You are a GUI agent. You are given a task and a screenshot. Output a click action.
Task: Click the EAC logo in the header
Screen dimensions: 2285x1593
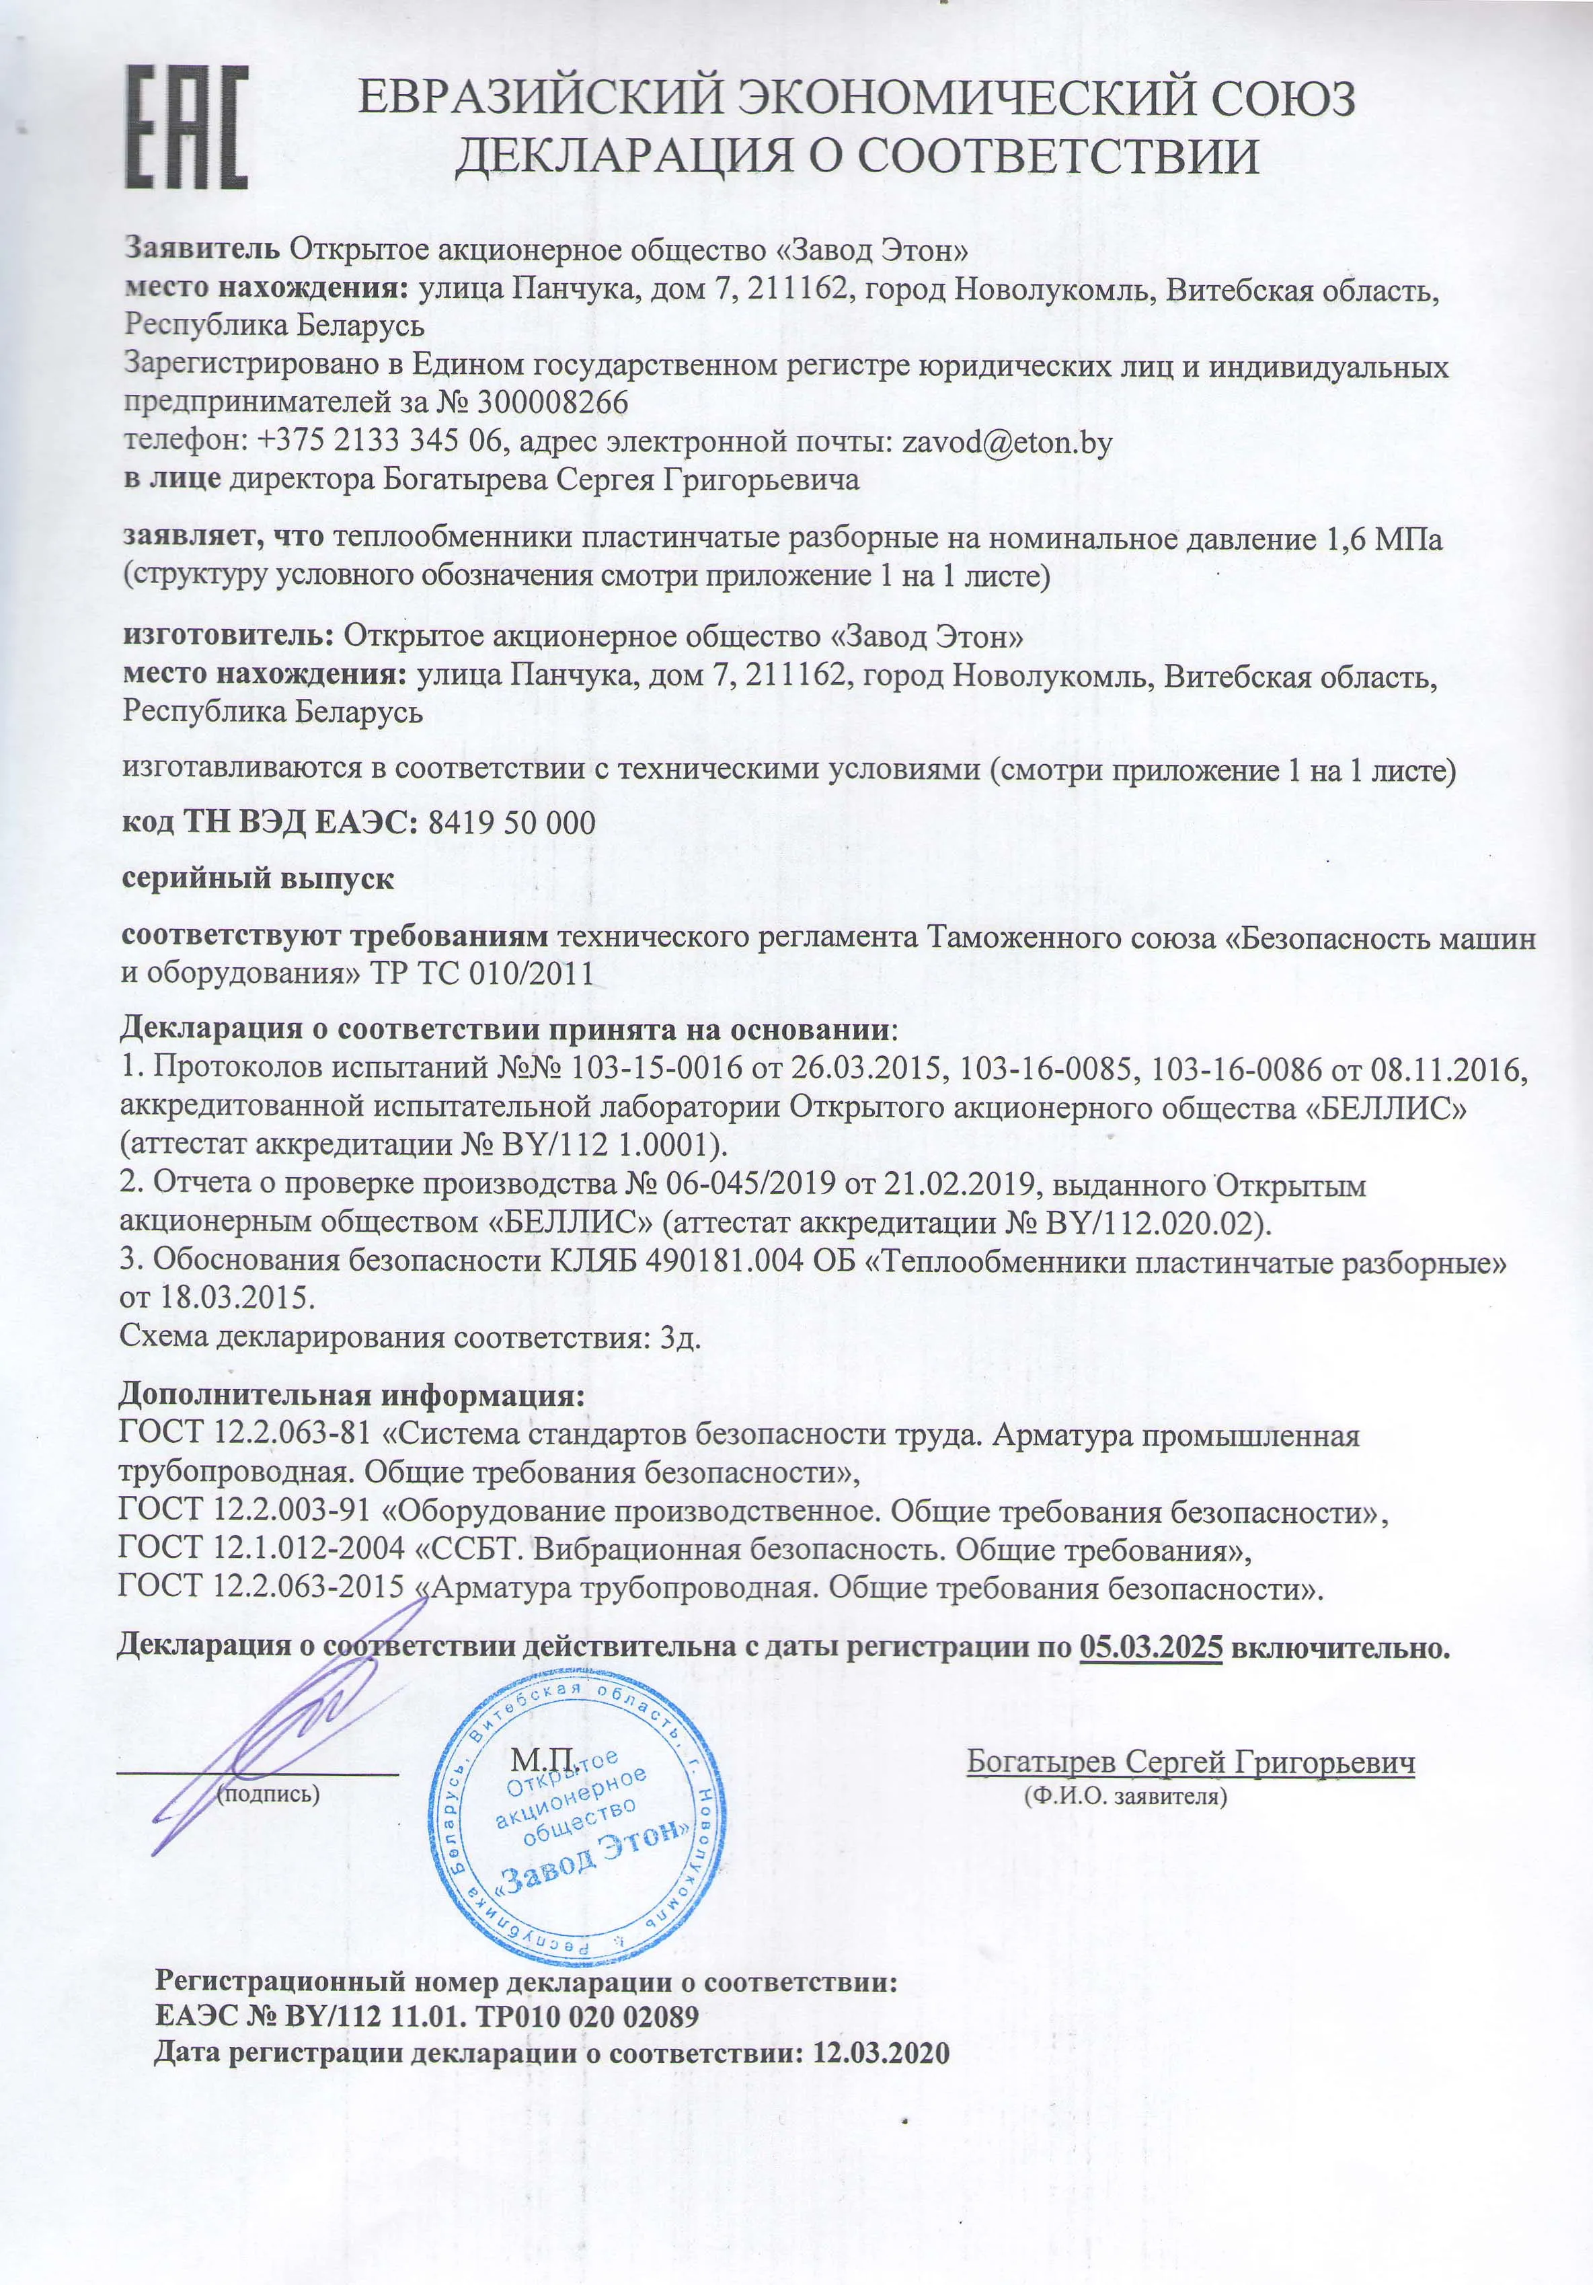(x=186, y=126)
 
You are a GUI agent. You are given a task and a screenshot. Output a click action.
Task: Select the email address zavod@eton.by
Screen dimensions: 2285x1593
(x=1006, y=442)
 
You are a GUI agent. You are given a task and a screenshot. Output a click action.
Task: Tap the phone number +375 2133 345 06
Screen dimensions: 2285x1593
(x=383, y=442)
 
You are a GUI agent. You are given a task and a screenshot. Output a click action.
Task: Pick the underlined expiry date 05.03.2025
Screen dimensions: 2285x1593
(x=1151, y=1646)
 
